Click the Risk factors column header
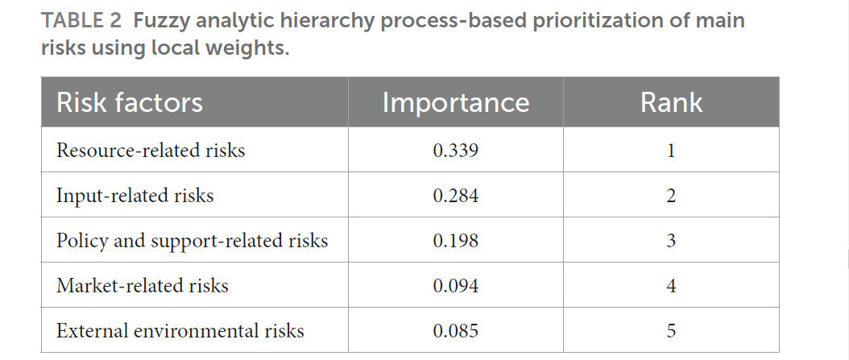[130, 102]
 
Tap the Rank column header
[672, 102]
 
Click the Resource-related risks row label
[151, 150]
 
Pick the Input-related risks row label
[135, 196]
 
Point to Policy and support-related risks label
[193, 241]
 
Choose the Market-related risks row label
[143, 285]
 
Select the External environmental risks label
[180, 330]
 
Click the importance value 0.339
[456, 151]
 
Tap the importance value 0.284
[456, 196]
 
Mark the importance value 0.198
[456, 240]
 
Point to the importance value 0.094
[456, 285]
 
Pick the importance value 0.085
[456, 330]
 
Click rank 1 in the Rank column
[672, 151]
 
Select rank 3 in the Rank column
[672, 240]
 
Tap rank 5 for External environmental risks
[672, 330]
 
